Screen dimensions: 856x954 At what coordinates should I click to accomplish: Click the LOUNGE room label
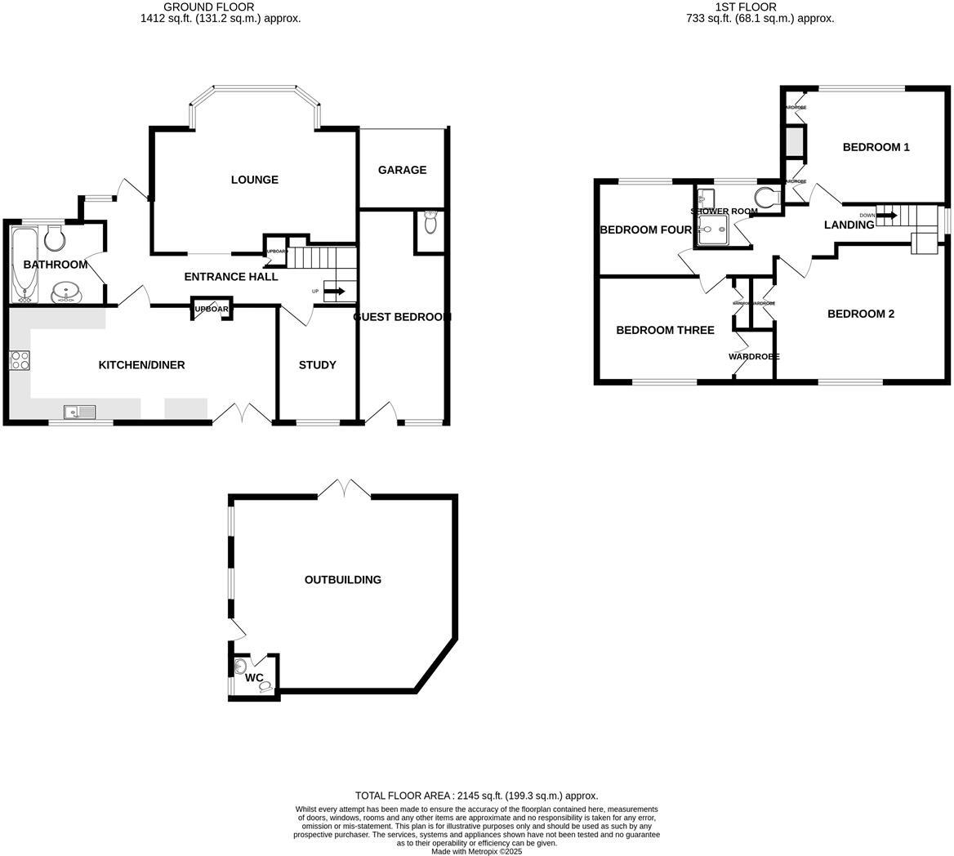tap(254, 180)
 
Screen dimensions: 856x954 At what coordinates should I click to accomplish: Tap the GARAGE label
tap(402, 170)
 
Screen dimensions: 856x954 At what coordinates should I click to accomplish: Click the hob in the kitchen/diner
tap(19, 360)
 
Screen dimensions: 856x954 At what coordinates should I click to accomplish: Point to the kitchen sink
tap(80, 412)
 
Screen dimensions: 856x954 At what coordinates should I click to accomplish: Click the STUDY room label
tap(317, 365)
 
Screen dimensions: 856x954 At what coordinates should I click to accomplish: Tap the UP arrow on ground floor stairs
tap(334, 291)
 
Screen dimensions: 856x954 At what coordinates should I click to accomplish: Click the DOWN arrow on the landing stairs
tap(887, 216)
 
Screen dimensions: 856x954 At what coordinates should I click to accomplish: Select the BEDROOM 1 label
tap(876, 147)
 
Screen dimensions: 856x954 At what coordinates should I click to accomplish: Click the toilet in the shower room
tap(767, 198)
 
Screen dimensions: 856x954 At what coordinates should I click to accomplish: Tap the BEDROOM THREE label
tap(665, 330)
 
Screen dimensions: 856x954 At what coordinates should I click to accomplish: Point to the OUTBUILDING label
tap(342, 580)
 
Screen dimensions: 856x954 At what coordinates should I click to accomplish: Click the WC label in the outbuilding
tap(254, 678)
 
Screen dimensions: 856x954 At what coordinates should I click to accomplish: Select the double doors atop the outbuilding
tap(344, 488)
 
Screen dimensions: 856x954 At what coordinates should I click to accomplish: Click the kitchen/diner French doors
tap(242, 414)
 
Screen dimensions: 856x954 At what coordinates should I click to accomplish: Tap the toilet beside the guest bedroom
tap(430, 222)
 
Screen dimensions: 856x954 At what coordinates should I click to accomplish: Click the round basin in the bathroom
tap(65, 292)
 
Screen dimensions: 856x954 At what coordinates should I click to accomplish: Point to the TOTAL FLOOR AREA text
tap(476, 796)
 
